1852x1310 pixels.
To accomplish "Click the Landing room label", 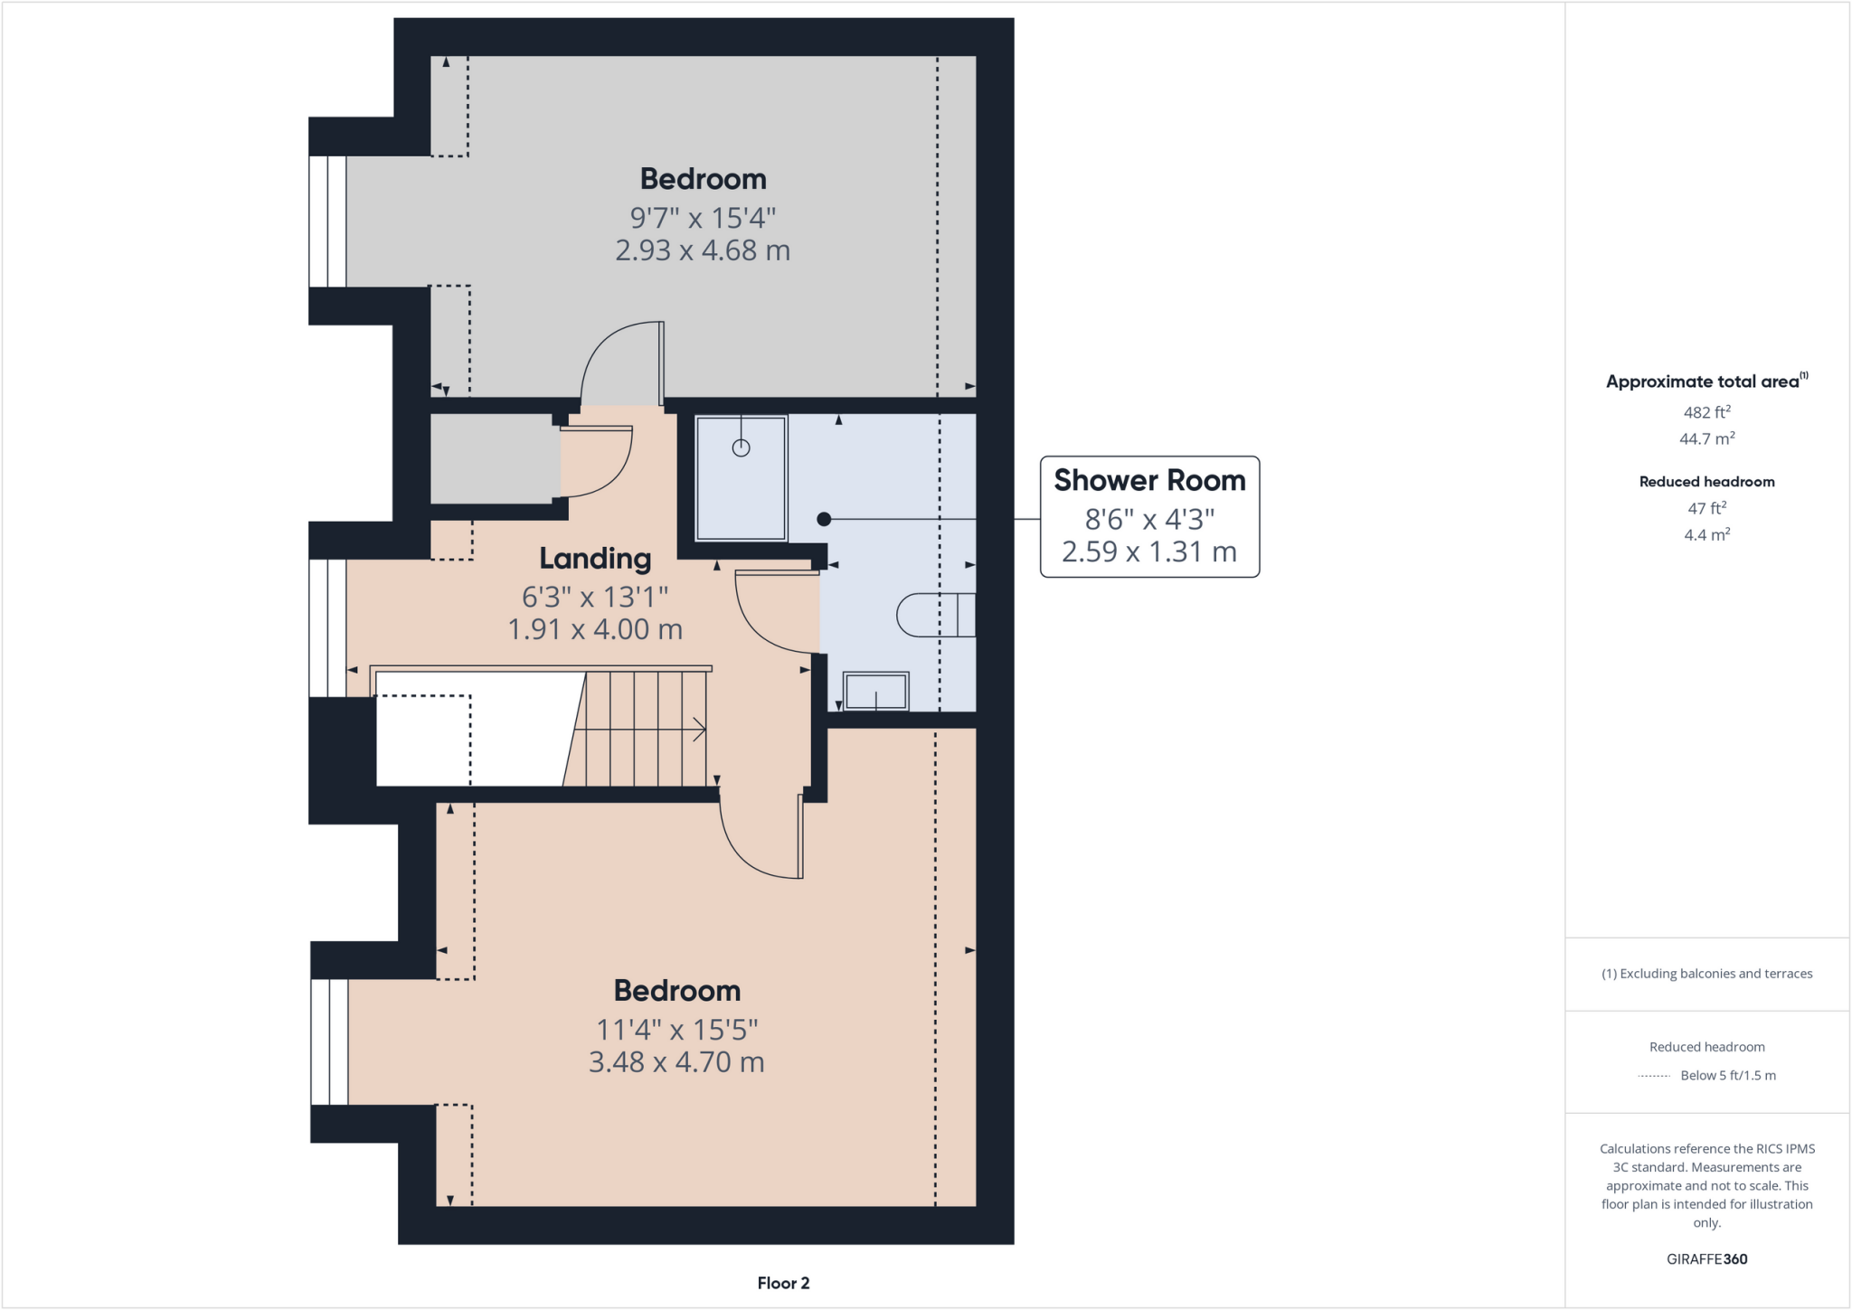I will [x=595, y=559].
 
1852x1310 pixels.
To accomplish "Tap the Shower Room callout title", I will [x=1149, y=480].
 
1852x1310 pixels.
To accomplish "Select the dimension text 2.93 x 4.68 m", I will [x=703, y=250].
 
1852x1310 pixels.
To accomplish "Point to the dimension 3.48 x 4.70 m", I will [x=676, y=1061].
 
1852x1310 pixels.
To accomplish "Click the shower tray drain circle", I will [x=741, y=448].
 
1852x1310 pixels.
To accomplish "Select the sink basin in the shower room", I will [x=875, y=692].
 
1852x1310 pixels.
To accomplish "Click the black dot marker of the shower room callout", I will [x=823, y=519].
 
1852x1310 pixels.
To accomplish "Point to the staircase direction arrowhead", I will [x=699, y=729].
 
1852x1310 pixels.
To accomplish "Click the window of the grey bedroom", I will [x=327, y=221].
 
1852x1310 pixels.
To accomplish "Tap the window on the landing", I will [x=327, y=627].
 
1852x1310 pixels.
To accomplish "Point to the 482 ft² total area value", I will [x=1706, y=412].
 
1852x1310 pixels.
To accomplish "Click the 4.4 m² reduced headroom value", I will [x=1706, y=535].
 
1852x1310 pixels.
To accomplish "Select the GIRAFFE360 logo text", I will [x=1706, y=1258].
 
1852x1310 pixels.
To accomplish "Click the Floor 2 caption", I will [x=783, y=1283].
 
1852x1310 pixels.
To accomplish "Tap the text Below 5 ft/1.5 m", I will [x=1727, y=1075].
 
